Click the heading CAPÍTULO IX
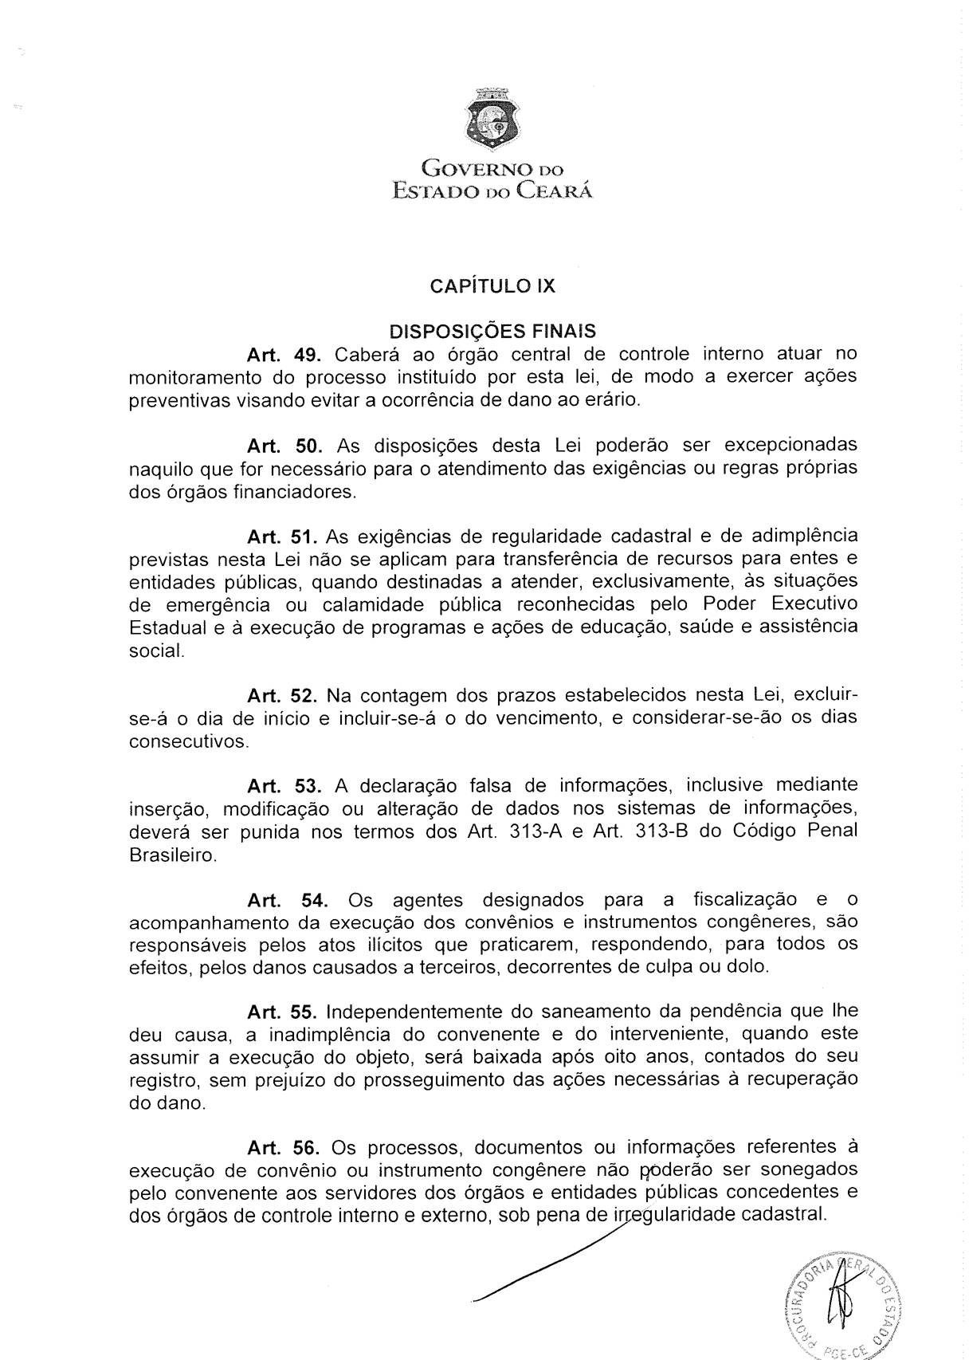coord(492,286)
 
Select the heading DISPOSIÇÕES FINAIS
coord(492,331)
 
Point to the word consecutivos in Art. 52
coord(189,741)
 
